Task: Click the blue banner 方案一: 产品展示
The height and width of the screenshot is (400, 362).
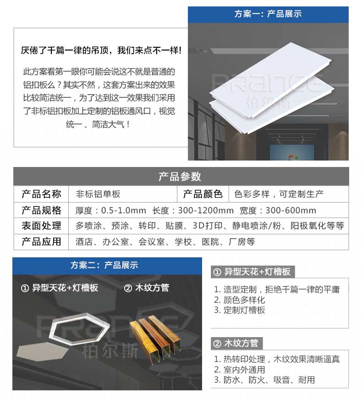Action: pos(268,14)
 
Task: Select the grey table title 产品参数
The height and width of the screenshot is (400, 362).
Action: pos(181,177)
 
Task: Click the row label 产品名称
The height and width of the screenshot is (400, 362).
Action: pos(41,194)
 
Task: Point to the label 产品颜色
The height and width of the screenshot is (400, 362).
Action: pos(202,194)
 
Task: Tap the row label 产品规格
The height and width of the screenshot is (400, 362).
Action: pos(41,211)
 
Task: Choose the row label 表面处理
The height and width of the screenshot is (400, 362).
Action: pos(41,226)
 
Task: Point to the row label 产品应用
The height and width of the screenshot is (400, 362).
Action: pos(41,242)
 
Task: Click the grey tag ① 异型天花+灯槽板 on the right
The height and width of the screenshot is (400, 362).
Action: pos(252,272)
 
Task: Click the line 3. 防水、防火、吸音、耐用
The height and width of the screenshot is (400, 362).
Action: pos(264,380)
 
